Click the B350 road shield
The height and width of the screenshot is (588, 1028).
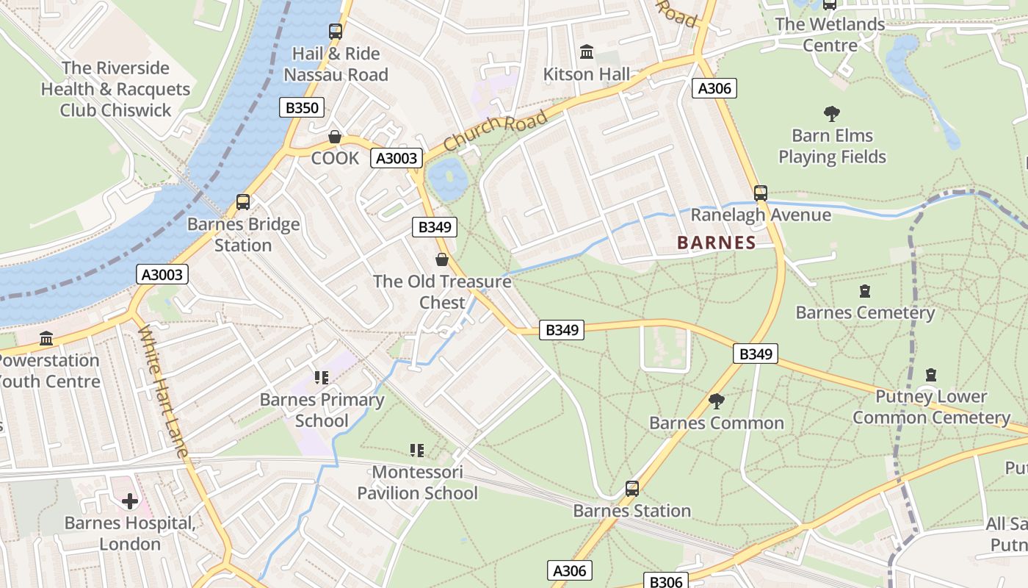click(302, 108)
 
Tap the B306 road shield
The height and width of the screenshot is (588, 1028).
click(666, 581)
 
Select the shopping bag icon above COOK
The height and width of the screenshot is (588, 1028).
click(335, 137)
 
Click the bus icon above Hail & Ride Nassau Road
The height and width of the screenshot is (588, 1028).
click(336, 32)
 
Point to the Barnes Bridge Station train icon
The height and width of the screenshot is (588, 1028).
click(243, 202)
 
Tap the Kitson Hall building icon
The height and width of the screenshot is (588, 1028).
click(587, 52)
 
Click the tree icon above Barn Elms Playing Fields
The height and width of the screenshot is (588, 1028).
click(832, 114)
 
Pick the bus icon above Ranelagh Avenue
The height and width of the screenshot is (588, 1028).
click(761, 193)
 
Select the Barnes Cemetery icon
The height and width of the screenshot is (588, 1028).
click(865, 291)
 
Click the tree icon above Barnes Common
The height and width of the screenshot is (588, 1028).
click(717, 401)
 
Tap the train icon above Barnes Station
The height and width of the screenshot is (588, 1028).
click(631, 489)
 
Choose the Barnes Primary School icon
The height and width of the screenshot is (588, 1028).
click(322, 378)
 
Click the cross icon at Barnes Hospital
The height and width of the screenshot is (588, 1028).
click(130, 501)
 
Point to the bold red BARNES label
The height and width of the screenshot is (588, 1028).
click(716, 243)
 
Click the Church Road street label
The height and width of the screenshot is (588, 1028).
click(496, 131)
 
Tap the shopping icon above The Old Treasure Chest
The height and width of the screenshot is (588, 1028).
click(442, 259)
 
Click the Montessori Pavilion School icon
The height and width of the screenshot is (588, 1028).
click(417, 450)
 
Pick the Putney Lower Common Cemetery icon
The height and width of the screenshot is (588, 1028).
click(931, 375)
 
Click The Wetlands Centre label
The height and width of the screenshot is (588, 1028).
click(830, 35)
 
